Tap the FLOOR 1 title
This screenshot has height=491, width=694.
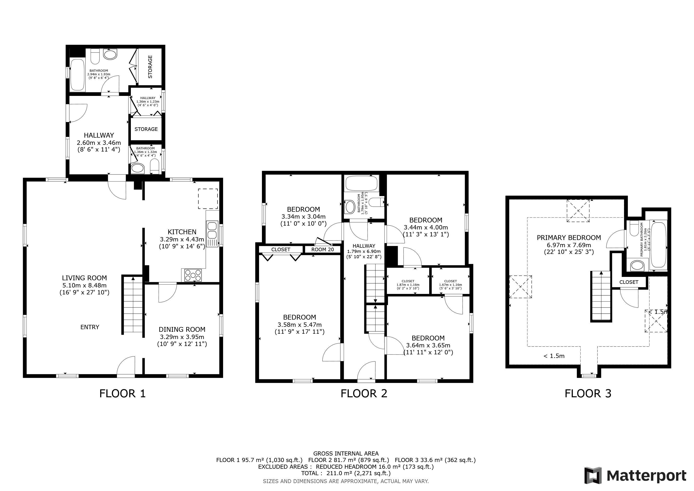coord(122,393)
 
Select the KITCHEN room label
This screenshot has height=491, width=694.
coord(182,232)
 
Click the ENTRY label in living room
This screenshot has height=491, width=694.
coord(90,327)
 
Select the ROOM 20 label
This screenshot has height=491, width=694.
coord(323,249)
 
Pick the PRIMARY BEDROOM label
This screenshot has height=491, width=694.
coord(569,238)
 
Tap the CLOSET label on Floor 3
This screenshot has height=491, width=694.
coord(629,282)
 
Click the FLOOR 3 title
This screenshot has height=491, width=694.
coord(588,393)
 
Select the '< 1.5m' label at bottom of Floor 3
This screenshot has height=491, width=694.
coord(554,356)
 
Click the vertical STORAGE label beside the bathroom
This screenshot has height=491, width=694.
coord(150,67)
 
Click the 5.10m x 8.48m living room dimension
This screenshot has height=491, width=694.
coord(84,285)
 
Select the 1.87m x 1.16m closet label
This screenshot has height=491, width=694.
coord(408,285)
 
